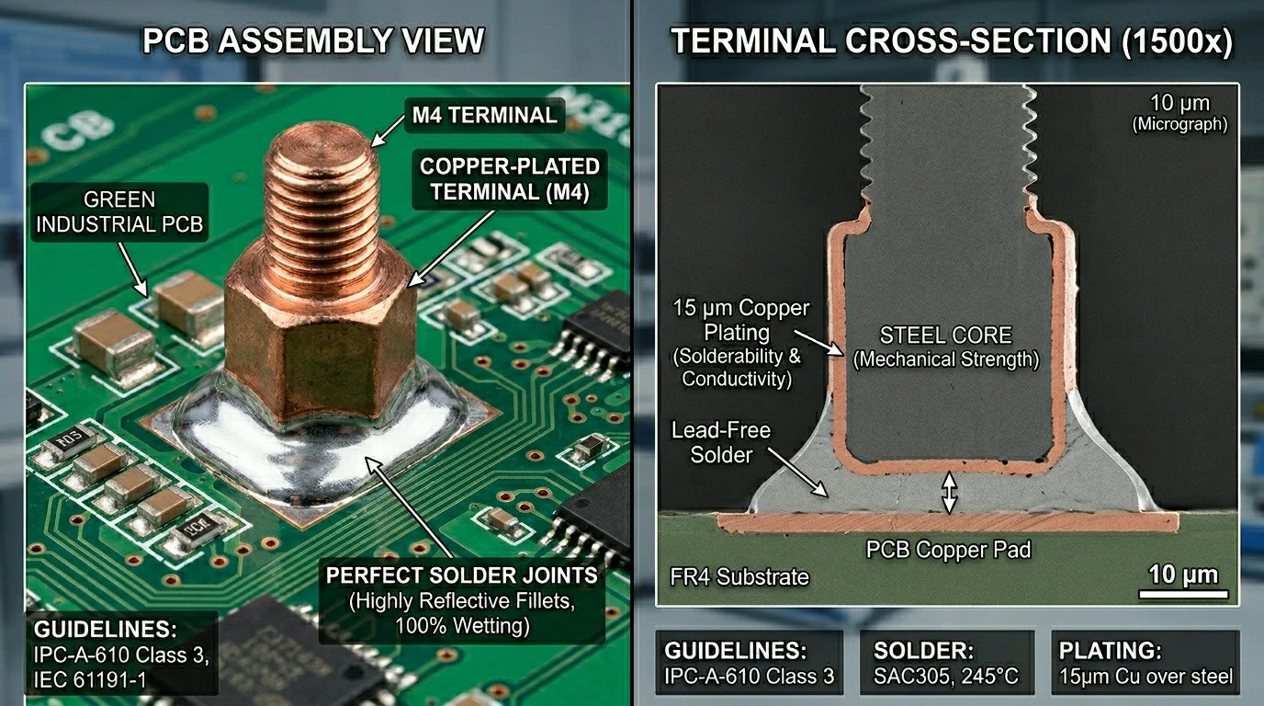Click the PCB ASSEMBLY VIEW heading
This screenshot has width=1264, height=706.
coord(313,40)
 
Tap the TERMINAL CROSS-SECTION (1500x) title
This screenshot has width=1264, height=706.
coord(952,41)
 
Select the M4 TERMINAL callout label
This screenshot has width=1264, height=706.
coord(485,115)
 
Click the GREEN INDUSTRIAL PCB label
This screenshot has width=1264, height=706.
coord(119,211)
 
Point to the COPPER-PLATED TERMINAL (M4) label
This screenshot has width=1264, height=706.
coord(510,179)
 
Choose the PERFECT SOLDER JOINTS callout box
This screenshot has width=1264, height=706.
coord(461,600)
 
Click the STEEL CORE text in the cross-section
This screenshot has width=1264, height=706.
coord(946,336)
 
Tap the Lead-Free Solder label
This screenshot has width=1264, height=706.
coord(721,443)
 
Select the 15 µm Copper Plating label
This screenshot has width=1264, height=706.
coord(740,320)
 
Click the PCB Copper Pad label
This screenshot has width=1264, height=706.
coord(949,550)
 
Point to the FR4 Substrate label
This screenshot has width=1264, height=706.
coord(739,577)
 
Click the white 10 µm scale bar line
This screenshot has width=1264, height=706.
coord(1183,594)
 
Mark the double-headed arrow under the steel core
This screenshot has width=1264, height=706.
coord(950,493)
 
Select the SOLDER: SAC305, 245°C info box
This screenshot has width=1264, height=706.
coord(947,663)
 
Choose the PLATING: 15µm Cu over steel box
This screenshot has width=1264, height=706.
coord(1145,663)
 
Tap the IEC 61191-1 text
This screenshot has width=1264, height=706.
coord(90,680)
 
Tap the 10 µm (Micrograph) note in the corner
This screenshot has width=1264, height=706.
coord(1179,113)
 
